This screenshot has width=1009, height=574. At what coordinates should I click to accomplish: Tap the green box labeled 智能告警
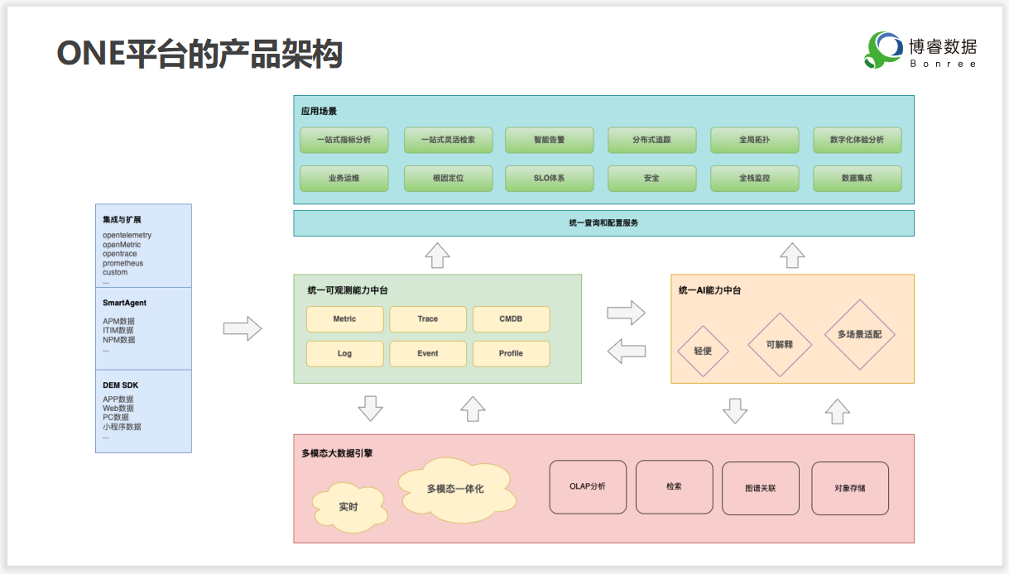tap(549, 140)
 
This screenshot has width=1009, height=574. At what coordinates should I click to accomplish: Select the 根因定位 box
tap(448, 178)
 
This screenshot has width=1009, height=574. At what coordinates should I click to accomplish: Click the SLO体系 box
tap(549, 178)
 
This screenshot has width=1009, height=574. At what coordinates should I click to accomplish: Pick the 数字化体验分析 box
tap(857, 140)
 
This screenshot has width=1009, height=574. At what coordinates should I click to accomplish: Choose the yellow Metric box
tap(344, 319)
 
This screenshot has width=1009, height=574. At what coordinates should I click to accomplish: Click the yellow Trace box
tap(428, 319)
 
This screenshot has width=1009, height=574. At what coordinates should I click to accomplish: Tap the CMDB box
tap(511, 319)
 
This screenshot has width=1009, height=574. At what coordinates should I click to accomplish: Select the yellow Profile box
tap(511, 354)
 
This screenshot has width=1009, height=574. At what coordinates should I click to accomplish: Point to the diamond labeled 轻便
tap(702, 351)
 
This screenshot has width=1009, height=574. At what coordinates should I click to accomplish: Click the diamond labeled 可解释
tap(779, 344)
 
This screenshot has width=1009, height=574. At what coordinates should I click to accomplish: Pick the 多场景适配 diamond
tap(860, 335)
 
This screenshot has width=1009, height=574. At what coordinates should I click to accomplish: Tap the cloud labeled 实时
tap(348, 506)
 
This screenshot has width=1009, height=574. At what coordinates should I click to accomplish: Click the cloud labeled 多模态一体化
tap(456, 490)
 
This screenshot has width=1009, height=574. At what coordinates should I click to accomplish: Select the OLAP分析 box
tap(588, 486)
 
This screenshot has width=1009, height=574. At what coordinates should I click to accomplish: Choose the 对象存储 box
tap(850, 488)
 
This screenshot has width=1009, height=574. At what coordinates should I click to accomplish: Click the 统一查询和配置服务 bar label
tap(603, 223)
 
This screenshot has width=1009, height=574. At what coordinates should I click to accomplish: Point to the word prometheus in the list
tap(123, 264)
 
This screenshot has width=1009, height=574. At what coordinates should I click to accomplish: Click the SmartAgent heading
tap(124, 304)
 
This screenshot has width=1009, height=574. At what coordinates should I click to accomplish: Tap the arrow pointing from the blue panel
tap(242, 328)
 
